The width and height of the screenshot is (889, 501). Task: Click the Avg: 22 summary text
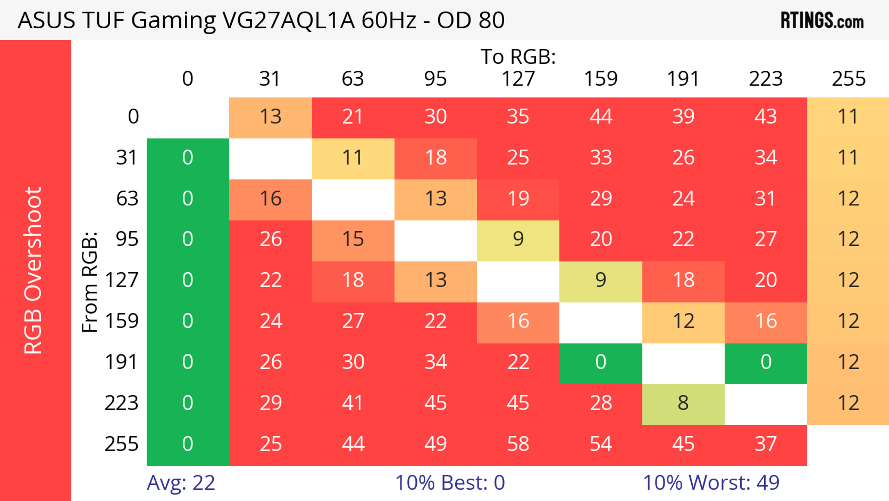tap(181, 483)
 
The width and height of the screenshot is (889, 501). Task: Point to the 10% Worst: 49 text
tap(711, 483)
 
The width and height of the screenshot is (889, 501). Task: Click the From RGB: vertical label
tap(90, 282)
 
